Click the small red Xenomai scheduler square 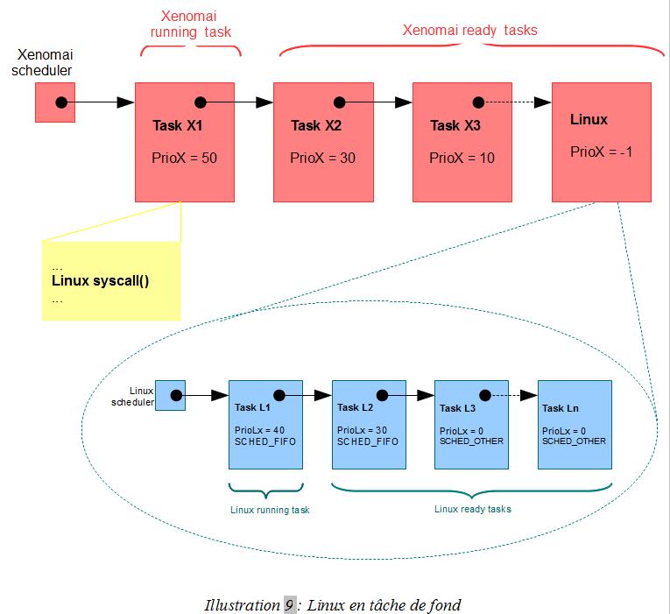[x=55, y=102]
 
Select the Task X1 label [x=178, y=126]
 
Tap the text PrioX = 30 [x=323, y=159]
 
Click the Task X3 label [x=455, y=126]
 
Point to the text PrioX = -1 [x=602, y=152]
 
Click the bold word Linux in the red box [x=589, y=119]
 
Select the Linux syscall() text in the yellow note [x=101, y=281]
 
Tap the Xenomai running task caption [x=191, y=24]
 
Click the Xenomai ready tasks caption [x=469, y=30]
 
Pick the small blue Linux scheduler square [x=170, y=395]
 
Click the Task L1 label [x=254, y=407]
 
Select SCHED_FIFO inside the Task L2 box [x=368, y=441]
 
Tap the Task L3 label [x=457, y=408]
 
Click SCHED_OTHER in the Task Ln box [x=573, y=441]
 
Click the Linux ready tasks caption [x=473, y=508]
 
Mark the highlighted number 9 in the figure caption [x=289, y=604]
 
